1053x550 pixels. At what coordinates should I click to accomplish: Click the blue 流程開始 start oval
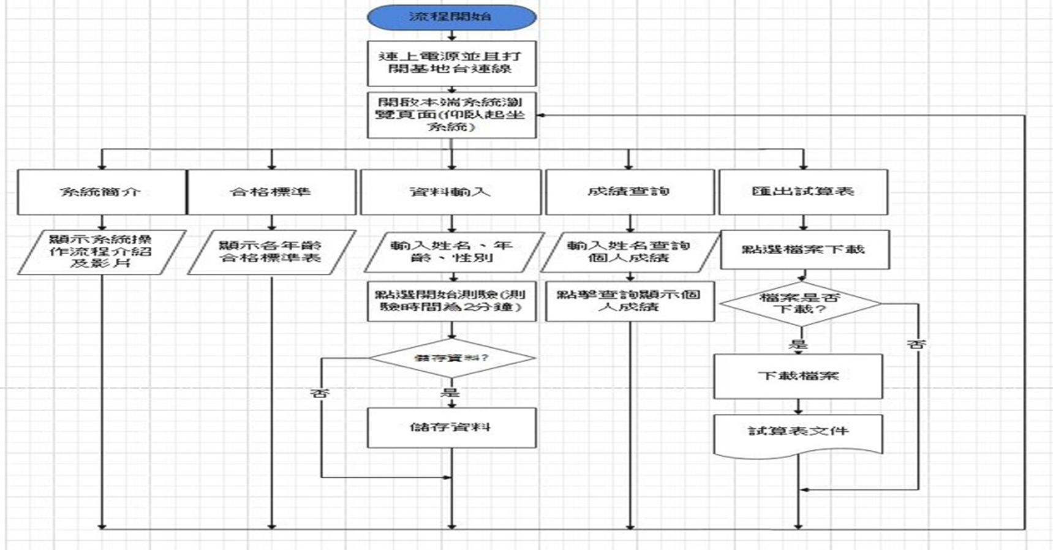point(451,17)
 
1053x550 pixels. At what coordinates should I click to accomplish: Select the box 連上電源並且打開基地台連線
point(451,63)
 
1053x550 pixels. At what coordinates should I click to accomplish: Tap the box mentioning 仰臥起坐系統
point(451,115)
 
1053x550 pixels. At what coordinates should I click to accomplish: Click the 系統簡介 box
point(101,192)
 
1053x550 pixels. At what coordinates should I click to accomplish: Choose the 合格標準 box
point(271,192)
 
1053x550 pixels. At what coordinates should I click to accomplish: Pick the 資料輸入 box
point(451,192)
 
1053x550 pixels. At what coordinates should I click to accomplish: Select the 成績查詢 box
point(629,192)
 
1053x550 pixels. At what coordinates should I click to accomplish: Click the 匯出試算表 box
point(802,192)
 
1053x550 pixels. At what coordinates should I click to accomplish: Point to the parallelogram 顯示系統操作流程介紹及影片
point(101,252)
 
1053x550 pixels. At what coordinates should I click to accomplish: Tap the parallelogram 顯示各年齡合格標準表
point(271,252)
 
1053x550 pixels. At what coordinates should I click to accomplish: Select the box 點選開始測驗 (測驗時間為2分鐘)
point(451,301)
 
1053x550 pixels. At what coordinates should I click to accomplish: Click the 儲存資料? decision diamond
point(451,358)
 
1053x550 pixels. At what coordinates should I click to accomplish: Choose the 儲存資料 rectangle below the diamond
point(451,428)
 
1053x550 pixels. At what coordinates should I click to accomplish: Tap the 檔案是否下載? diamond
point(800,303)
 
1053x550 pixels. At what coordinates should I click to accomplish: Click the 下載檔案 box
point(798,376)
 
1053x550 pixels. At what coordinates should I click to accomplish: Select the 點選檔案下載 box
point(804,249)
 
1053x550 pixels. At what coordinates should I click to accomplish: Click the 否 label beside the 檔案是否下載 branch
point(916,345)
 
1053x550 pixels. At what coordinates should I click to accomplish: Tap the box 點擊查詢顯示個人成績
point(629,301)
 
